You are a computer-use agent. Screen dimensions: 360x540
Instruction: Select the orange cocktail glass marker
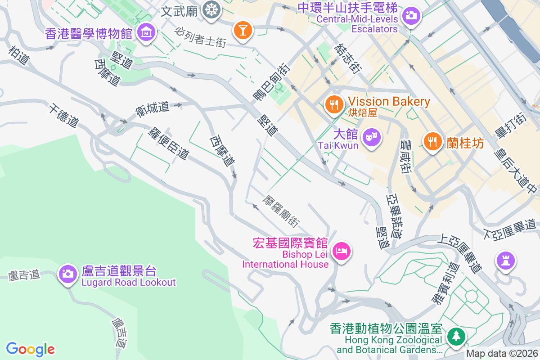coord(243,31)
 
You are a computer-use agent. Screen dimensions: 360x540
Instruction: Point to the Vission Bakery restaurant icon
coord(333,105)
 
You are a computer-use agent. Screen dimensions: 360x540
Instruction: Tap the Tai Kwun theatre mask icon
coord(372,135)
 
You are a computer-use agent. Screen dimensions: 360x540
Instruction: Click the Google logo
coord(30,349)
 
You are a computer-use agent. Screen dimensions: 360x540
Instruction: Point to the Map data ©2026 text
coord(501,354)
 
